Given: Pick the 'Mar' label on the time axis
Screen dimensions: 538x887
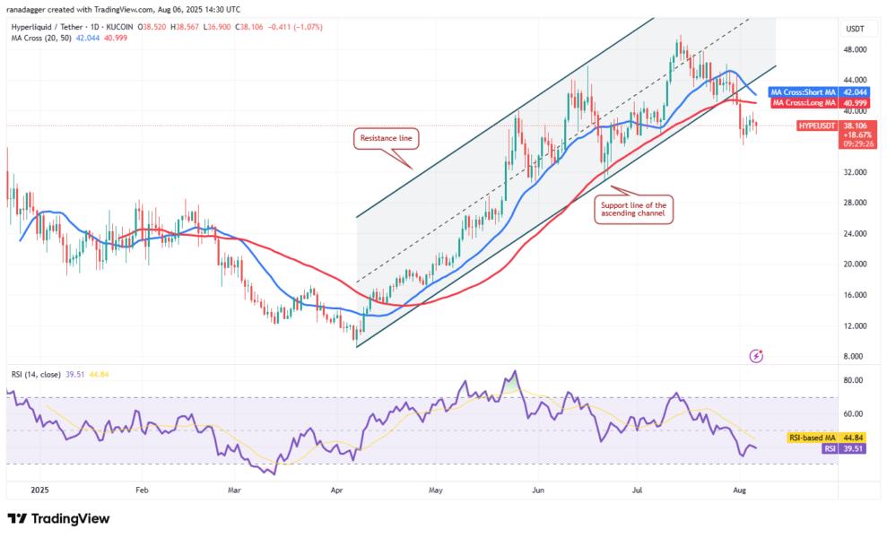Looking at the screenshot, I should [235, 491].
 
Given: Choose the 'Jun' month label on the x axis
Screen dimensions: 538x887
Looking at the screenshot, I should [537, 491].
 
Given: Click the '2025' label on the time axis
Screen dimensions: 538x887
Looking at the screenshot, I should [38, 491].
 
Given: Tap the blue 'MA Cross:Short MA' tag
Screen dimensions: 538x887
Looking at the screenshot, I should [804, 92].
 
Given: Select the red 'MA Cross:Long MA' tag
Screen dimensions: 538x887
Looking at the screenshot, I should [804, 103].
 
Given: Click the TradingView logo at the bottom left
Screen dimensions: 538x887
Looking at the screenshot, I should [58, 518].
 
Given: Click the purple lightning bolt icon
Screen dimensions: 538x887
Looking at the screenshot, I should [756, 356].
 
